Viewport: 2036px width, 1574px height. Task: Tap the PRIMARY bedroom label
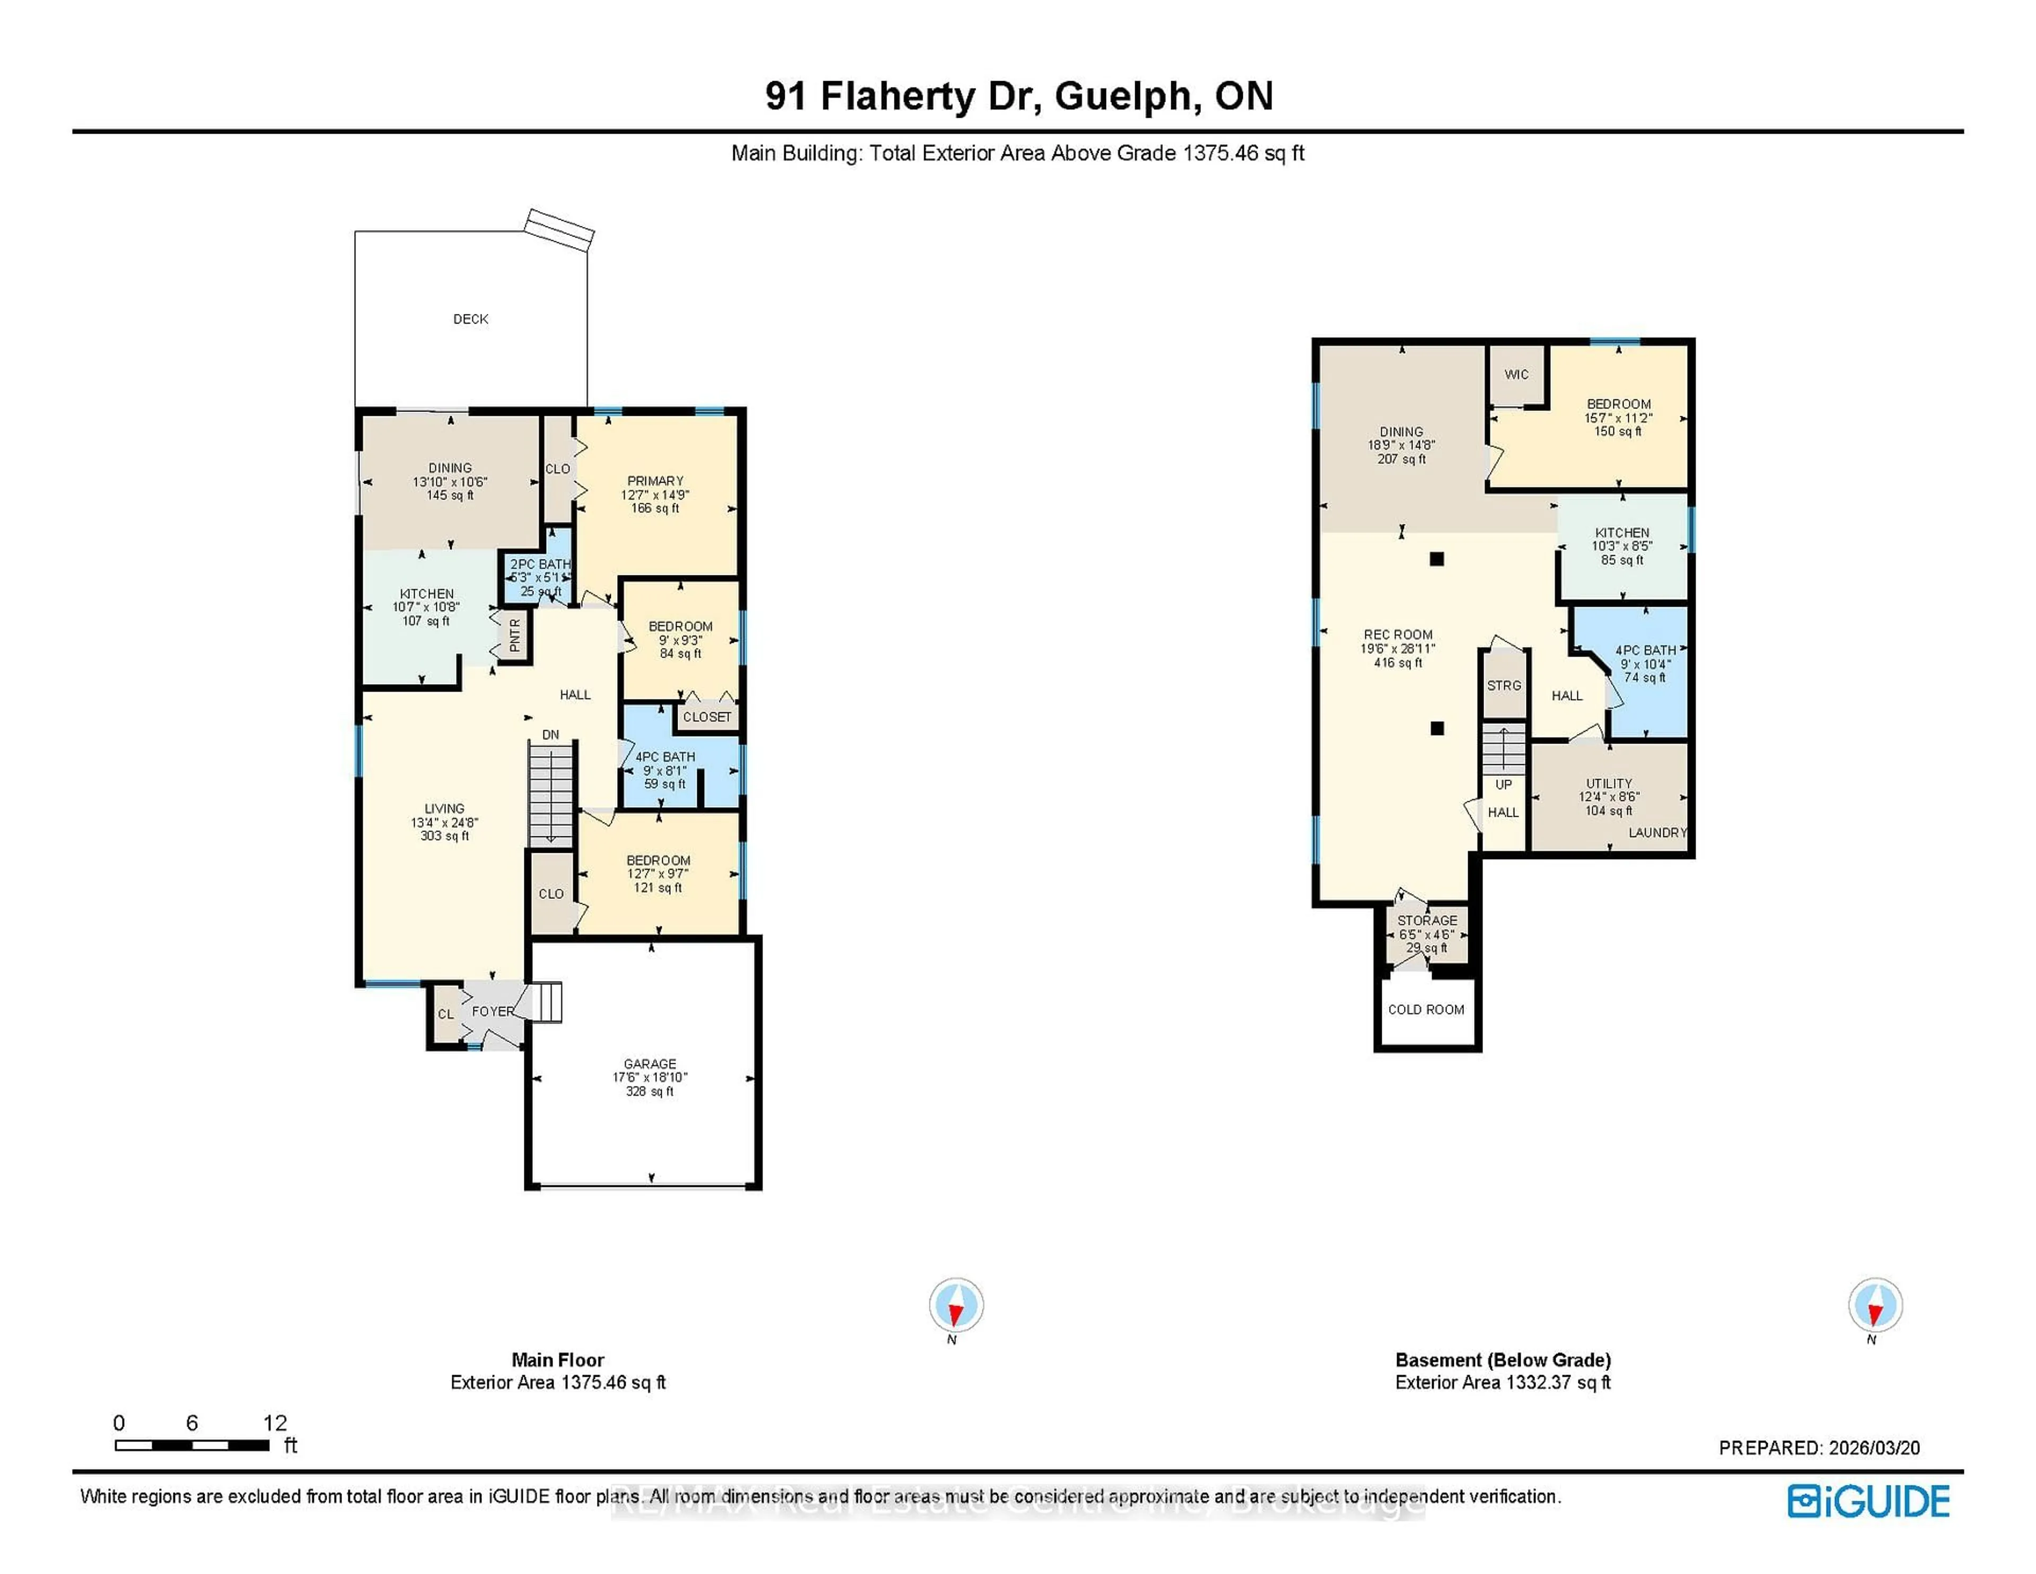[654, 481]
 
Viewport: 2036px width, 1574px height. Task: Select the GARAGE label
[650, 1064]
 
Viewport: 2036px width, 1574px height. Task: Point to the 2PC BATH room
[539, 577]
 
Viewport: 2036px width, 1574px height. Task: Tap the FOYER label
[492, 1011]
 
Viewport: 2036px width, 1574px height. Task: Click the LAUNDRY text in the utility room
[1656, 833]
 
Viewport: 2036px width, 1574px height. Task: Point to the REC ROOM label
[1398, 635]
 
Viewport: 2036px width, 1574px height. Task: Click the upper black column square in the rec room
[1436, 559]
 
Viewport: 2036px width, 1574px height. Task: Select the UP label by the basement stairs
[1503, 785]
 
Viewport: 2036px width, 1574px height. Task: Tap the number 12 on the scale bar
[275, 1423]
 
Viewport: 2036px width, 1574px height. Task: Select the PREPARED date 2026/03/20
[1874, 1448]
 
